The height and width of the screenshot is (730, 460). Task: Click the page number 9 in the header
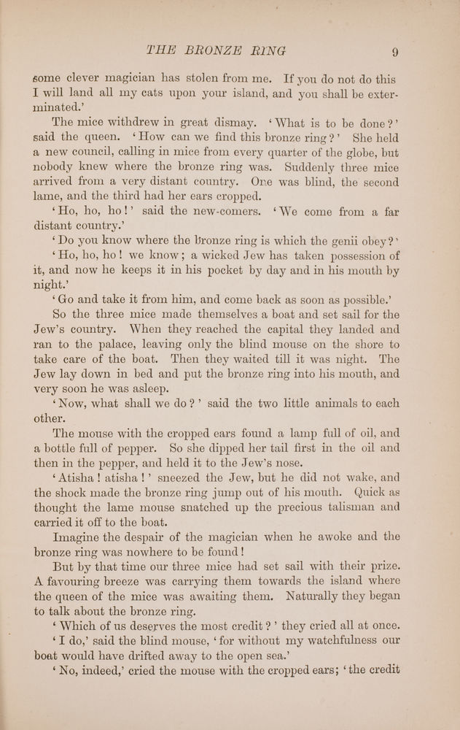(x=394, y=51)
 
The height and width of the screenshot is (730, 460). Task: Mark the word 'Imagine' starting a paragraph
(x=85, y=537)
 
